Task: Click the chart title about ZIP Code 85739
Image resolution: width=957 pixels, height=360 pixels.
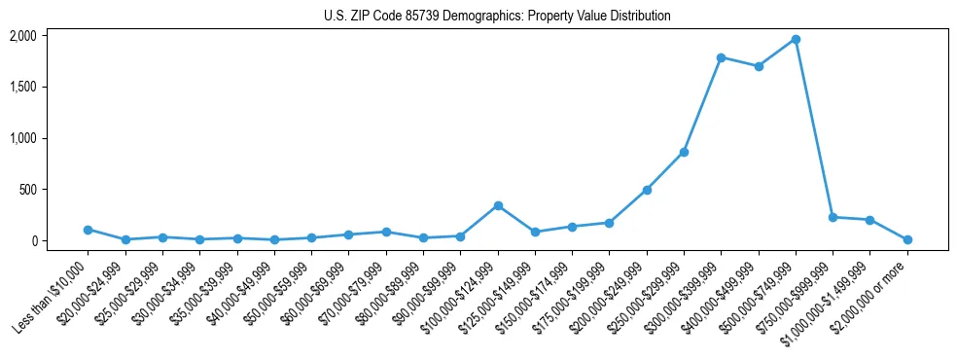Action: pos(497,17)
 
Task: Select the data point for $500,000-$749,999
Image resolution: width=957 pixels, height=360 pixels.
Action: pos(796,39)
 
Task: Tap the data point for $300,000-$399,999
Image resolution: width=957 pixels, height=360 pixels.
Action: pos(721,57)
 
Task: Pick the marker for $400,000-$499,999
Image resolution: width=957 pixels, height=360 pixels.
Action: pos(759,66)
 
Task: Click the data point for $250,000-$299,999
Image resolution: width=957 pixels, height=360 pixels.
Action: pos(684,152)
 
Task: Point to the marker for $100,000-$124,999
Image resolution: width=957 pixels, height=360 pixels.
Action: pos(498,205)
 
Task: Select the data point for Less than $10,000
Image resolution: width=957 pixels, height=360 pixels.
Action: pos(88,230)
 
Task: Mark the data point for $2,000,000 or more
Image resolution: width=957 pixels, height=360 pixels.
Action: pos(907,239)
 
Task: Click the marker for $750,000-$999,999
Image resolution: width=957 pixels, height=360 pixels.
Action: pos(833,217)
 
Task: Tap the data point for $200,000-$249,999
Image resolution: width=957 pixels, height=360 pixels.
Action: pos(647,190)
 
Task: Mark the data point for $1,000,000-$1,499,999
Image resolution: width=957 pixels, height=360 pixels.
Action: pos(870,220)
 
